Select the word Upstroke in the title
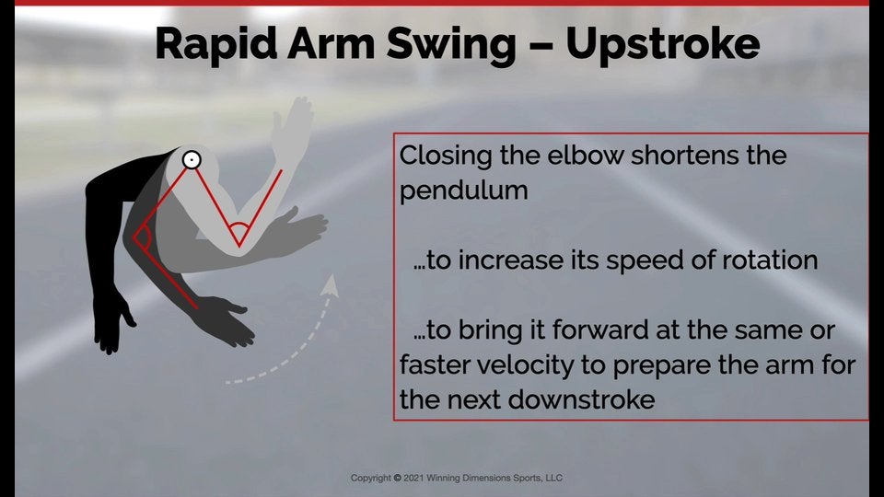[662, 45]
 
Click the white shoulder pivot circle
[191, 160]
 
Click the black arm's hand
[110, 322]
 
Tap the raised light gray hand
[296, 120]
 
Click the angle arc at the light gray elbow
[239, 229]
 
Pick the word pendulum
[463, 191]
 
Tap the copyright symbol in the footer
[397, 479]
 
